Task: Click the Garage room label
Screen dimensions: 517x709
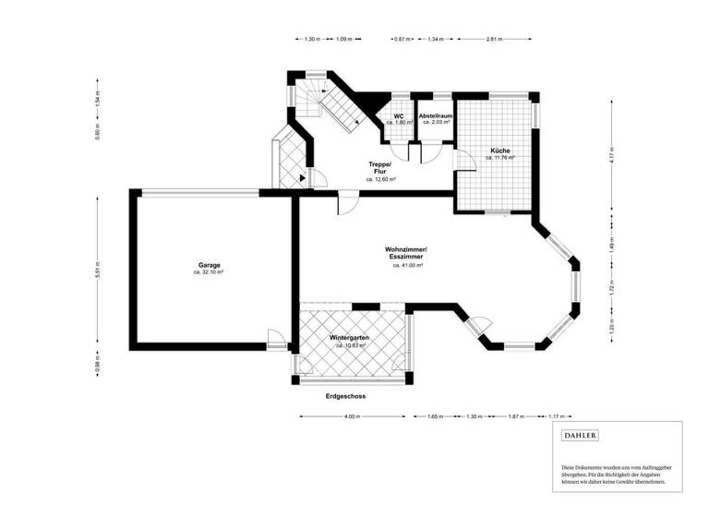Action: tap(209, 265)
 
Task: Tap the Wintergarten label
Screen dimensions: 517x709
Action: tap(350, 338)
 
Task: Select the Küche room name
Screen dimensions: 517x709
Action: tap(500, 150)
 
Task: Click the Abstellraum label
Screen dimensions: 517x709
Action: tap(435, 115)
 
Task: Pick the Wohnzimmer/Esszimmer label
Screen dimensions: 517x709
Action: tap(407, 254)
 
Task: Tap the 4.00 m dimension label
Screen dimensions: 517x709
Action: tap(352, 416)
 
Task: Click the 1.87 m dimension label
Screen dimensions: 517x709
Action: tap(514, 416)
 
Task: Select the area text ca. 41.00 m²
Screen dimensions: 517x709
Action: tap(407, 266)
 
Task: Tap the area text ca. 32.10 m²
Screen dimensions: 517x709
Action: tap(209, 272)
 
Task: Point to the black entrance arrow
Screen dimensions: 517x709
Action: tap(303, 176)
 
